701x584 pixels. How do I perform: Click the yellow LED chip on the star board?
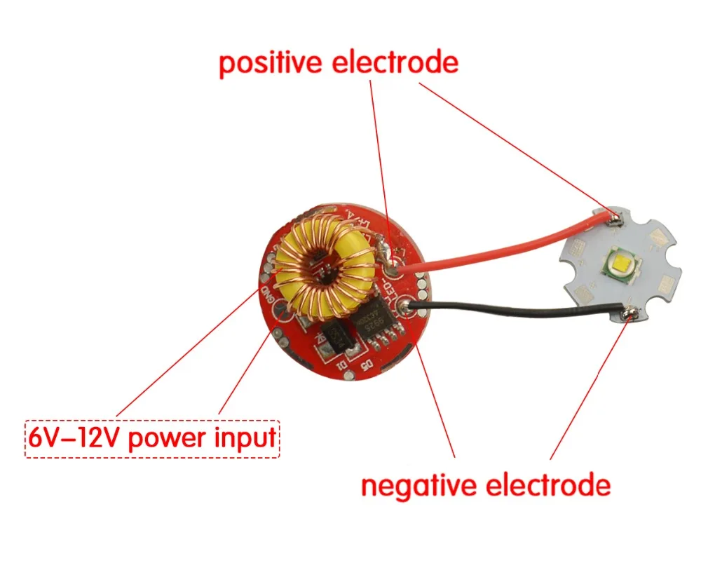pyautogui.click(x=619, y=266)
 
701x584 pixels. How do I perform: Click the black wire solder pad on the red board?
pyautogui.click(x=405, y=305)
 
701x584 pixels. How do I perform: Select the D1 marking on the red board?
pyautogui.click(x=341, y=365)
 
